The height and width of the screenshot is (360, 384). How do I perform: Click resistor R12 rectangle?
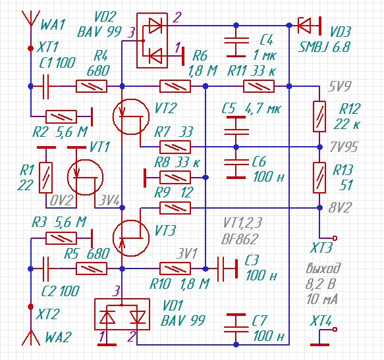[319, 116]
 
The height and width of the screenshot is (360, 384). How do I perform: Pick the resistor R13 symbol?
[319, 178]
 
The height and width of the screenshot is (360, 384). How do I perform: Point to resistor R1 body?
[46, 178]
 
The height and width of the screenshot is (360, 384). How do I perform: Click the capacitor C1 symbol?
[46, 86]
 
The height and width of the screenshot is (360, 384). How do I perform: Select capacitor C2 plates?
[46, 269]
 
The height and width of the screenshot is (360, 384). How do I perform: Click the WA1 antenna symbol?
[31, 18]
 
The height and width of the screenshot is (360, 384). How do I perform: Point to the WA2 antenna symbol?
[31, 337]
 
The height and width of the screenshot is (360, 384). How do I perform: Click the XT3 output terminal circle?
[335, 238]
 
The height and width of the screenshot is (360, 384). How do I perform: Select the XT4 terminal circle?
[335, 330]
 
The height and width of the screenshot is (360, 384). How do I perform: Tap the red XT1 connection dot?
[31, 49]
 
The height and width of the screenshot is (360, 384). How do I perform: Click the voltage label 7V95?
[344, 147]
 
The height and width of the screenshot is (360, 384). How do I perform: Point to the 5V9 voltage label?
[339, 86]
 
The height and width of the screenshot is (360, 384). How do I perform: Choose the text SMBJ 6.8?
[323, 47]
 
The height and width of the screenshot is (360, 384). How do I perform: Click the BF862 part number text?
[240, 239]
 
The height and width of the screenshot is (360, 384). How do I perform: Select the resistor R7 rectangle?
[175, 147]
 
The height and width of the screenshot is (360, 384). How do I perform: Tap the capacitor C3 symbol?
[227, 269]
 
